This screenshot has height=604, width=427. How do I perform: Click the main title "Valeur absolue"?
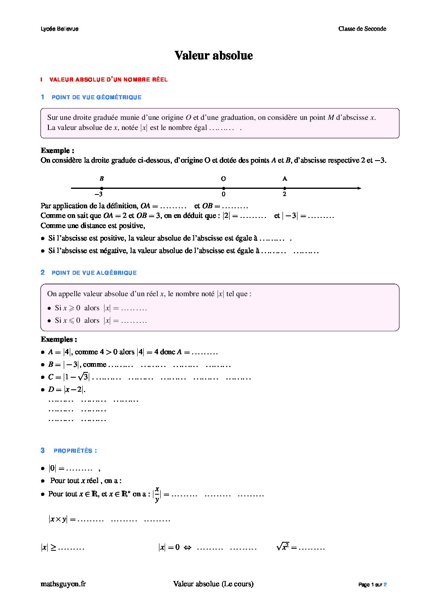(213, 55)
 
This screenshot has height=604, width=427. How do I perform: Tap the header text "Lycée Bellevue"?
(60, 29)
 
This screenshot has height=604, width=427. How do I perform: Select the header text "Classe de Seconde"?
(362, 29)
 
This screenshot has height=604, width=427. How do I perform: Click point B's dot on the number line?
(102, 188)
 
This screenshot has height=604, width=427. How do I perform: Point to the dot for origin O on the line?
(224, 188)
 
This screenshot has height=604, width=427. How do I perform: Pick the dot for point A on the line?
(285, 188)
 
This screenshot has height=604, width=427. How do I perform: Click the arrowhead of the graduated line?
(359, 188)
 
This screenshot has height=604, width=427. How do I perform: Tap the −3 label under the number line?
(101, 194)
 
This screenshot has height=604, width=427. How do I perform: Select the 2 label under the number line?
(285, 194)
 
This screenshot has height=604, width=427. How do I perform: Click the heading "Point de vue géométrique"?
(96, 97)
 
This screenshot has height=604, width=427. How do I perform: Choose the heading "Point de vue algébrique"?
(94, 273)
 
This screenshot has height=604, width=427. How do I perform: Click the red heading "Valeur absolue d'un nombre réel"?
(108, 79)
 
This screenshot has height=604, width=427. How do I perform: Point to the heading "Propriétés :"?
(75, 451)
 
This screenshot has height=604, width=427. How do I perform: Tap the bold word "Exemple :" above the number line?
(57, 150)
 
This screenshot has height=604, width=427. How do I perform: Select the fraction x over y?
(157, 494)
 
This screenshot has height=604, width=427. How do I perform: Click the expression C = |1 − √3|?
(69, 377)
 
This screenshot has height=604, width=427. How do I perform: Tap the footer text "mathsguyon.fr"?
(63, 584)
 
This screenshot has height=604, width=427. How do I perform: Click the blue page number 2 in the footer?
(385, 585)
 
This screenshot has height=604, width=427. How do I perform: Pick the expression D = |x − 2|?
(67, 390)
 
